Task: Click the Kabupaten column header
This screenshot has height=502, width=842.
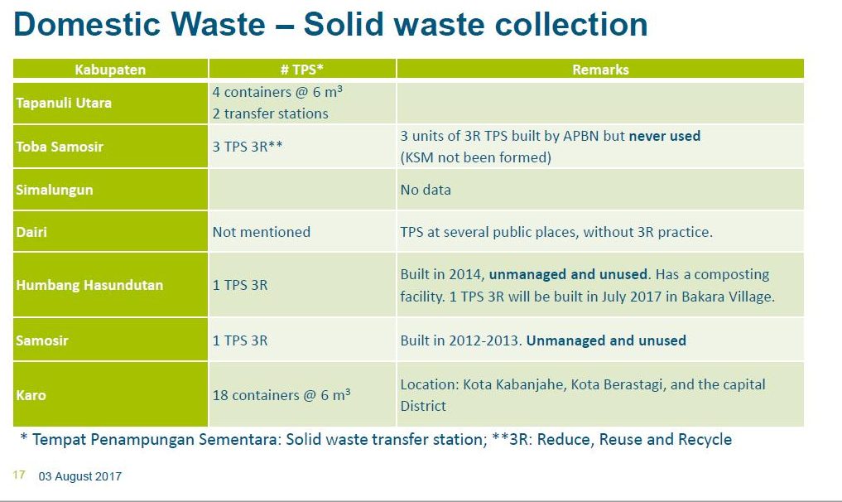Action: point(110,70)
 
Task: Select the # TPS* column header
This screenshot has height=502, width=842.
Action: point(302,70)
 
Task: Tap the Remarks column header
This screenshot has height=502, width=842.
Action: point(600,70)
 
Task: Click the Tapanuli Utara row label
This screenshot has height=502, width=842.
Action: point(64,103)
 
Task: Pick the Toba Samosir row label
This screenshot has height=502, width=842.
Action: point(60,146)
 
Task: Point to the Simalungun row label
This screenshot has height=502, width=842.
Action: point(55,190)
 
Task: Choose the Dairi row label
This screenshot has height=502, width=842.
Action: point(31,232)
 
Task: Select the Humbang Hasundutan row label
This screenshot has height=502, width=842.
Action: point(89,285)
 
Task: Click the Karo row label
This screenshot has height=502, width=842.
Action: point(31,395)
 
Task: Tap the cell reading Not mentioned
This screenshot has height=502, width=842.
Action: point(262,232)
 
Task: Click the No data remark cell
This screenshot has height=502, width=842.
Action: point(426,190)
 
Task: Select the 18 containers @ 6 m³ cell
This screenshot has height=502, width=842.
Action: point(281,394)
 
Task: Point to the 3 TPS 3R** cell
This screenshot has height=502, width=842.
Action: point(248,146)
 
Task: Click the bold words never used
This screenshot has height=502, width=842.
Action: point(664,136)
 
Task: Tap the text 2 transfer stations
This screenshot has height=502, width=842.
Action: point(270,113)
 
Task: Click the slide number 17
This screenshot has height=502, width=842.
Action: point(19,475)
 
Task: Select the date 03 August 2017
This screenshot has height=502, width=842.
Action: point(80,476)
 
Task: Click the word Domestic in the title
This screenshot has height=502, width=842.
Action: point(86,24)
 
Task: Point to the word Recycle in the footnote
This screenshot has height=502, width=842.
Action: point(705,439)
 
